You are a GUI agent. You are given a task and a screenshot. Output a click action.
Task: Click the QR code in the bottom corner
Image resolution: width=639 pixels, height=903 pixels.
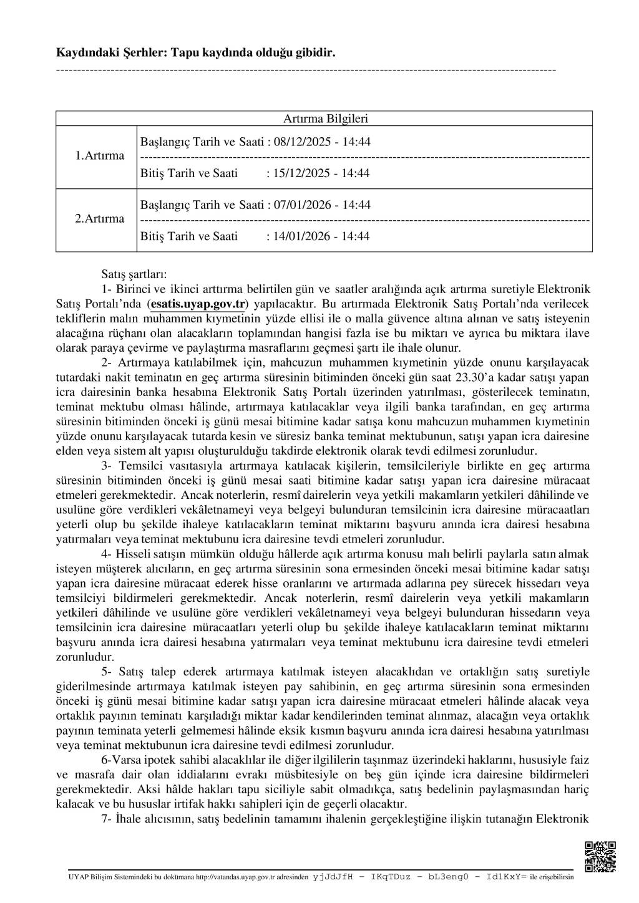point(600,857)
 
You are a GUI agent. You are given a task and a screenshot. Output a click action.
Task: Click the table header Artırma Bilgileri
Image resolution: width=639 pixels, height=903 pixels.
point(325,118)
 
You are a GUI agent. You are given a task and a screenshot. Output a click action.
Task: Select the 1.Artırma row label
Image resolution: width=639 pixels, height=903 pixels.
point(100,156)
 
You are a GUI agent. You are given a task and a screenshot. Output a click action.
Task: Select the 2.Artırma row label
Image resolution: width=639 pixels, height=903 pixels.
point(100,219)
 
